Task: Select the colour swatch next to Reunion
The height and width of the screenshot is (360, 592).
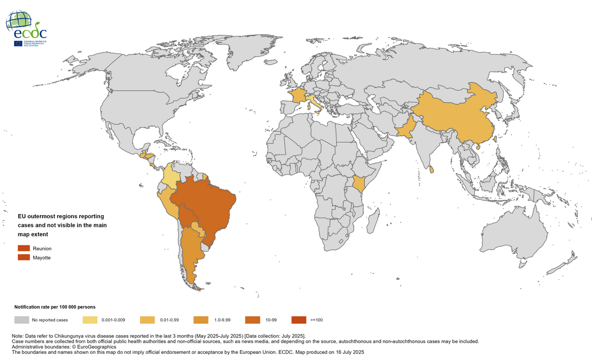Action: pyautogui.click(x=24, y=248)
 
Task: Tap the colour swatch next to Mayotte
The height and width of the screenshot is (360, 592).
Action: pyautogui.click(x=24, y=258)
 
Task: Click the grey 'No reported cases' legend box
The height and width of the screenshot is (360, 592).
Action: pyautogui.click(x=21, y=320)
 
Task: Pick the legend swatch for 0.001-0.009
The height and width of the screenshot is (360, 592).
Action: pyautogui.click(x=90, y=320)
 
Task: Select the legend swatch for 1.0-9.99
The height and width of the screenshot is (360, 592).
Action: pyautogui.click(x=201, y=320)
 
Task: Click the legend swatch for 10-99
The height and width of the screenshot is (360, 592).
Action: pyautogui.click(x=252, y=320)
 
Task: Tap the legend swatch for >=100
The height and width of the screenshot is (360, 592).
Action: pyautogui.click(x=299, y=320)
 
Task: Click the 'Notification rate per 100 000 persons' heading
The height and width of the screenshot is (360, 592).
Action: pyautogui.click(x=55, y=307)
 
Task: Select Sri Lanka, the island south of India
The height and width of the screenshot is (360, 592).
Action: pyautogui.click(x=432, y=169)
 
